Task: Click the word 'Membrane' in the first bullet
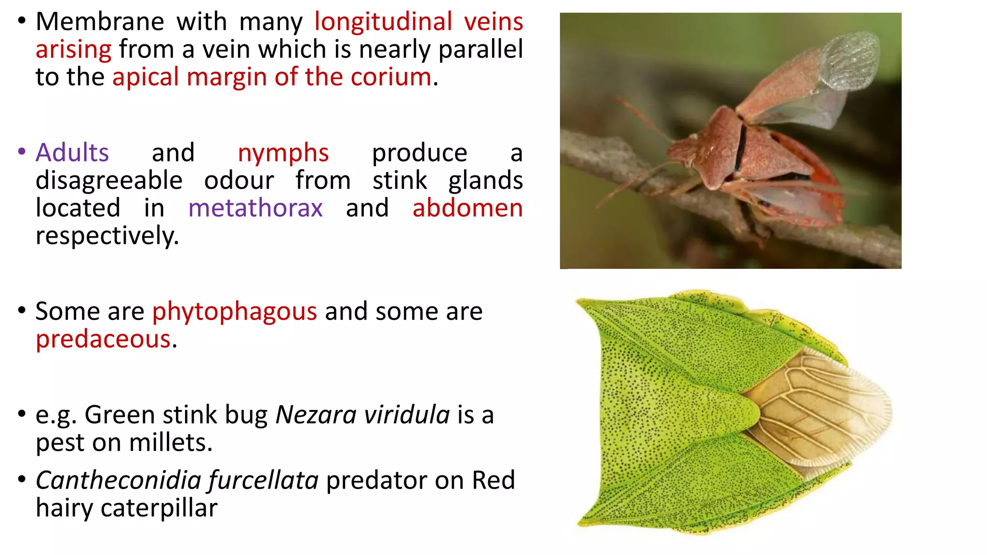[x=100, y=22]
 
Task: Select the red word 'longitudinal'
[x=383, y=22]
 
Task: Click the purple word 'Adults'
[x=72, y=153]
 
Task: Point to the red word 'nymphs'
[x=283, y=153]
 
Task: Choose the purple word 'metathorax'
[x=255, y=208]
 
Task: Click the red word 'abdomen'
[x=467, y=208]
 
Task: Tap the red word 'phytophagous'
[x=235, y=311]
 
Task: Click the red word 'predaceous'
[x=103, y=339]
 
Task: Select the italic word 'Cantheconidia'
[x=118, y=480]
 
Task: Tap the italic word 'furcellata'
[x=263, y=480]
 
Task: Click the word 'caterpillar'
[x=159, y=508]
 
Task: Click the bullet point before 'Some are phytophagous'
[x=21, y=310]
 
